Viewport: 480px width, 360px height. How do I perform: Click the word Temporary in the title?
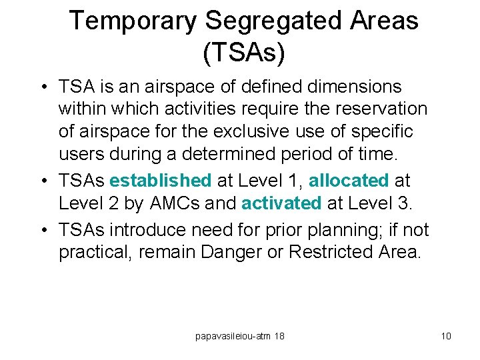pyautogui.click(x=133, y=21)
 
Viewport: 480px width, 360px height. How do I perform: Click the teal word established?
pyautogui.click(x=160, y=181)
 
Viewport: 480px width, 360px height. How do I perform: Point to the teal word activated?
pyautogui.click(x=281, y=203)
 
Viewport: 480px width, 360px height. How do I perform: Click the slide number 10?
pyautogui.click(x=446, y=336)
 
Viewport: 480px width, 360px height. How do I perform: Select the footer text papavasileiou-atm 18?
pyautogui.click(x=240, y=336)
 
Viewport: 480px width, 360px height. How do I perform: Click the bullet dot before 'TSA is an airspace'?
pyautogui.click(x=42, y=87)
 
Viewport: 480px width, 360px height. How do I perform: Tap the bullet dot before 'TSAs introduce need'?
pyautogui.click(x=42, y=231)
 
